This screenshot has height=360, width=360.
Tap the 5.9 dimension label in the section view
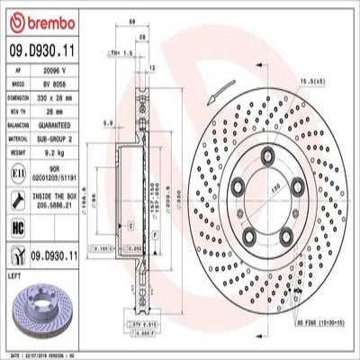108,122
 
